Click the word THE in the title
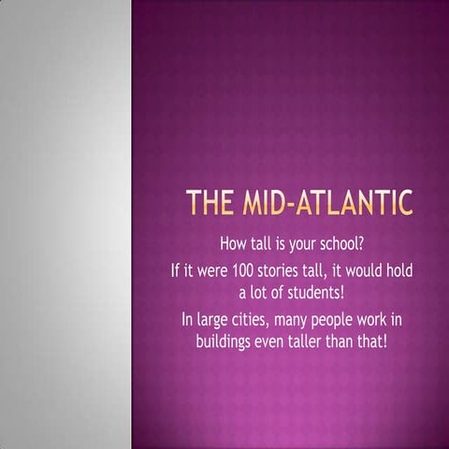pyautogui.click(x=210, y=203)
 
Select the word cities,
pyautogui.click(x=260, y=321)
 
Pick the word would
pyautogui.click(x=356, y=271)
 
